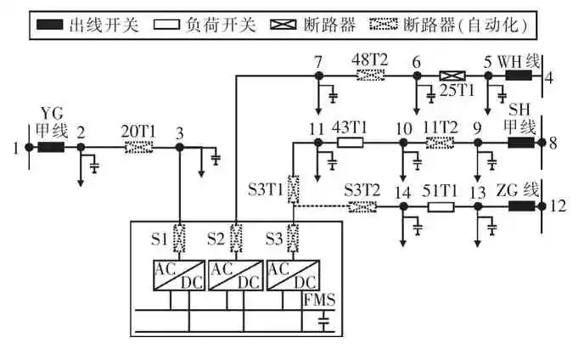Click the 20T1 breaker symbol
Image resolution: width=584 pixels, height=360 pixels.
[139, 147]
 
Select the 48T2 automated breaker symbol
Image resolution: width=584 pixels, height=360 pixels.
[369, 76]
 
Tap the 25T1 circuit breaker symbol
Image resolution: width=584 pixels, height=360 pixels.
[451, 76]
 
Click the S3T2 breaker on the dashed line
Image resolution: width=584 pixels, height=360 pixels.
[362, 206]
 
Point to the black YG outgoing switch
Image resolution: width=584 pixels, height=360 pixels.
[51, 147]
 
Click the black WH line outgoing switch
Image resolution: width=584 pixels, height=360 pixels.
[519, 76]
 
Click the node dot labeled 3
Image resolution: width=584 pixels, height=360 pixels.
[179, 147]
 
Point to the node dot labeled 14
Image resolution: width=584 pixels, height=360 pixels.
[402, 206]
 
